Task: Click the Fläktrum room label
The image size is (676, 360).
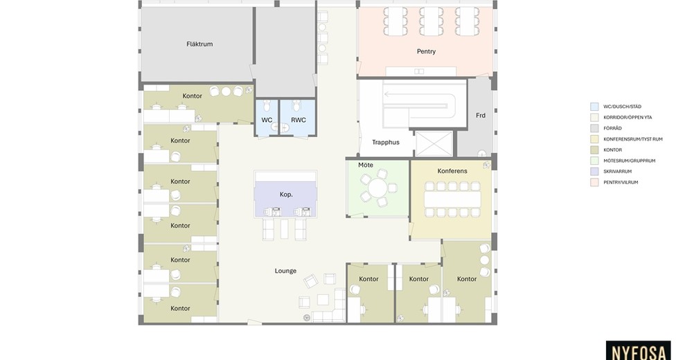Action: tap(199, 44)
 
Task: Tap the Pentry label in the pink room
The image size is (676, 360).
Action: tap(426, 51)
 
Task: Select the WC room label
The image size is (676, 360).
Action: tap(267, 120)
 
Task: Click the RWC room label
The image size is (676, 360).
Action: tap(299, 120)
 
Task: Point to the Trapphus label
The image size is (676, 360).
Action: tap(386, 143)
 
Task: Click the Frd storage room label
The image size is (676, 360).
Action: tap(481, 115)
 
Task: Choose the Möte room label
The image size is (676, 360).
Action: tap(366, 165)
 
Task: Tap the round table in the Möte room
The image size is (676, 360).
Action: tap(378, 188)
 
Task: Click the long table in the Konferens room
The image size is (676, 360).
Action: tap(452, 199)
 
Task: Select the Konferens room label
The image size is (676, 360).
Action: tap(452, 171)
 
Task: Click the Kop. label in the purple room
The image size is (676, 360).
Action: tap(286, 195)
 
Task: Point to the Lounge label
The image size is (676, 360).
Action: tap(285, 271)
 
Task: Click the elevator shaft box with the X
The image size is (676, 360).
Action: tap(434, 143)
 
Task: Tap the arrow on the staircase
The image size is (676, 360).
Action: tap(418, 94)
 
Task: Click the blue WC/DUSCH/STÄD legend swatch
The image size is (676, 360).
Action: tap(594, 107)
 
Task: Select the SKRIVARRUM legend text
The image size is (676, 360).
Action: tap(617, 171)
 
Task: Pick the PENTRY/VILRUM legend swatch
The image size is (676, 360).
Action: tap(594, 182)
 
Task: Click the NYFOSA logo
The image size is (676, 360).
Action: tap(639, 352)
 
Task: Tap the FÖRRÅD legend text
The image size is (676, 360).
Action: tap(612, 128)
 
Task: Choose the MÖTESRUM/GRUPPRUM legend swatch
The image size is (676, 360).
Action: tap(594, 161)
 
